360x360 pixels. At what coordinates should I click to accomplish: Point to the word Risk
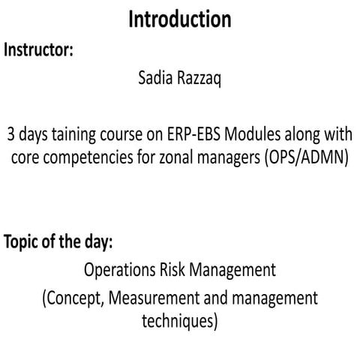(x=174, y=269)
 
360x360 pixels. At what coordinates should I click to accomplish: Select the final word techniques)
(x=179, y=322)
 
